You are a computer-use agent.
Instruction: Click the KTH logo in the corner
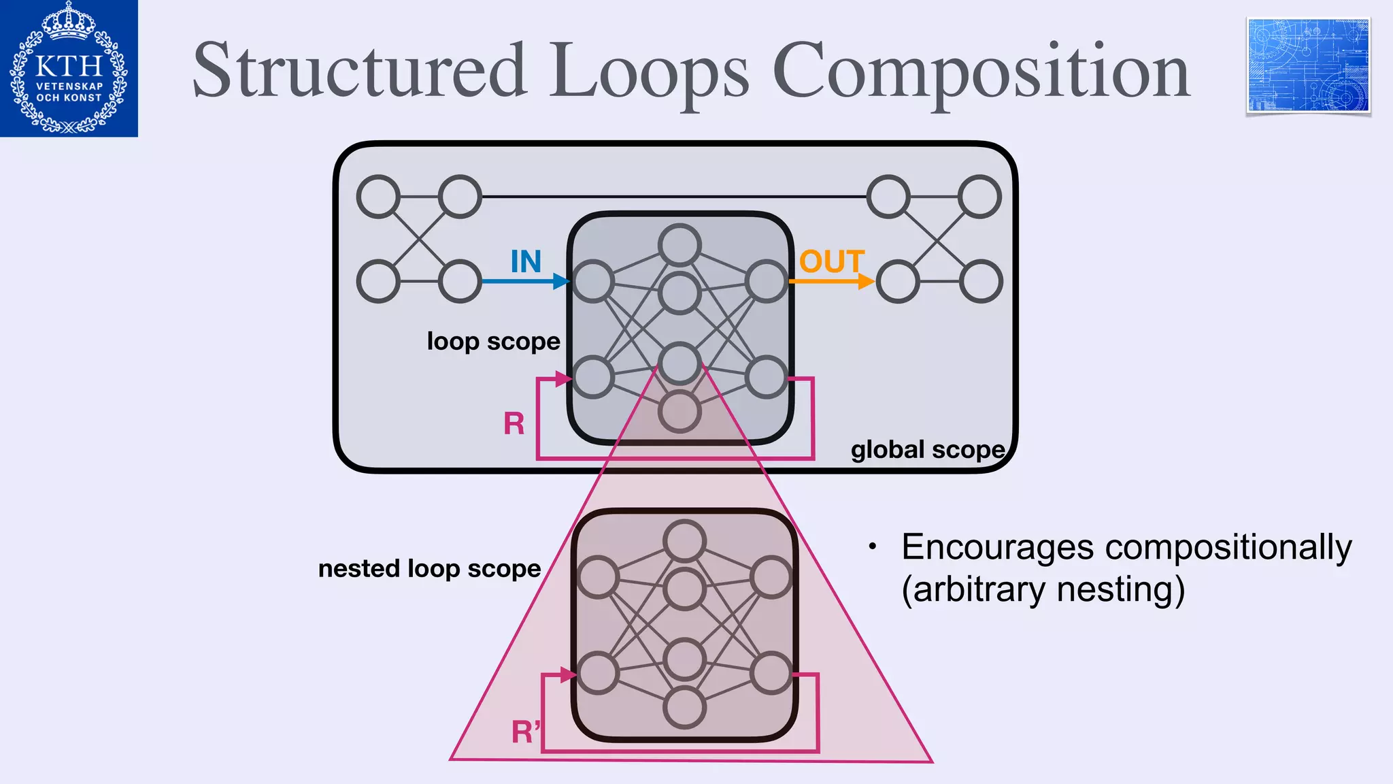(x=69, y=68)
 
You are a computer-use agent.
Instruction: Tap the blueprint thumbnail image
(x=1308, y=66)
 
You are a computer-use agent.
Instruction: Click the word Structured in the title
(x=360, y=71)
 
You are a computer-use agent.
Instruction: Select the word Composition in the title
(x=980, y=72)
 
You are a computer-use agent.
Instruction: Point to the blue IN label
(x=526, y=261)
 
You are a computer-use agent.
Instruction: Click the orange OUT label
(x=831, y=261)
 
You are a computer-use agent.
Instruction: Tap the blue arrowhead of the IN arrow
(x=562, y=281)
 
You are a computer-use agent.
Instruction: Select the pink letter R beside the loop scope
(x=514, y=424)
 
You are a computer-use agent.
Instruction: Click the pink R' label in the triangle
(x=526, y=732)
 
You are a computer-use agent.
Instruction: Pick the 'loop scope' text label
(x=493, y=342)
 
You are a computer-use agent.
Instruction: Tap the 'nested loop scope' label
(x=429, y=568)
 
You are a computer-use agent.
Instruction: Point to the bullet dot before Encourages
(x=872, y=546)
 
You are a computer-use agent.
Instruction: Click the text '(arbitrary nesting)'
(x=1043, y=589)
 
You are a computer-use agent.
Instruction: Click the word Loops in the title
(x=650, y=72)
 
